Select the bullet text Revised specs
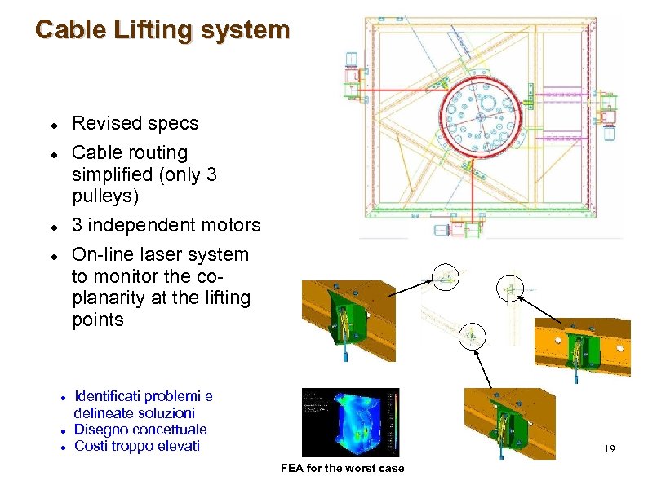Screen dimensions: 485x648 tap(135, 123)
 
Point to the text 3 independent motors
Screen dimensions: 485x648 tap(166, 225)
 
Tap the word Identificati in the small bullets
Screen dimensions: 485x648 tap(114, 397)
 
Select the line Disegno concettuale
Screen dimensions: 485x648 tap(140, 430)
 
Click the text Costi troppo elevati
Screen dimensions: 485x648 tap(137, 446)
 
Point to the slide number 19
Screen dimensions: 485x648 tap(610, 449)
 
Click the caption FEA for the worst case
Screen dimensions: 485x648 tap(342, 468)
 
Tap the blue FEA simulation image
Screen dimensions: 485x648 tap(350, 422)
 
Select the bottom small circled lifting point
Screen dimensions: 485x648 tap(471, 335)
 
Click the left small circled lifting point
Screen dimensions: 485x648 tap(446, 279)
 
